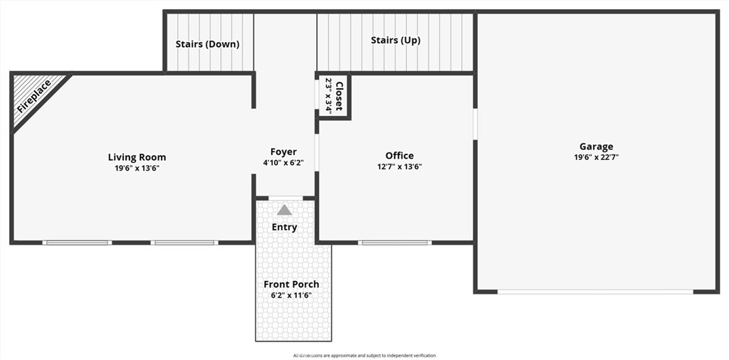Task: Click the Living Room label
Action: pos(137,157)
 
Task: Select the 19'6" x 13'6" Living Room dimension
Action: pos(137,169)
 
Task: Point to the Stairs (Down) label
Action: pos(207,45)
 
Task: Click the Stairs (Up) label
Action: pos(396,41)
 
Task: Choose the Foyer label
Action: pos(283,152)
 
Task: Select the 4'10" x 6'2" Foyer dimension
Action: pos(283,163)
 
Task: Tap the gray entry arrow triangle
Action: pos(285,210)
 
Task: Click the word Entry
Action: pos(285,227)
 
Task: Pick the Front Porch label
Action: pos(291,285)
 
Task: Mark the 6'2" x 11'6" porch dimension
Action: pos(291,295)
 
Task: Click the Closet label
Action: pos(339,96)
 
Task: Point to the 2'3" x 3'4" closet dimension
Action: pos(328,96)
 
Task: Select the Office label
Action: pos(399,156)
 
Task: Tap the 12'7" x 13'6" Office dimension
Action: pos(399,166)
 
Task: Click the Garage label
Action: pos(596,147)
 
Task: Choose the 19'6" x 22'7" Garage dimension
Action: pos(596,157)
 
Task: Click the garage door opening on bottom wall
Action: pos(595,292)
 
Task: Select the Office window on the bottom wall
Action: pos(394,243)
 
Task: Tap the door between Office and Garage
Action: pos(475,124)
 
